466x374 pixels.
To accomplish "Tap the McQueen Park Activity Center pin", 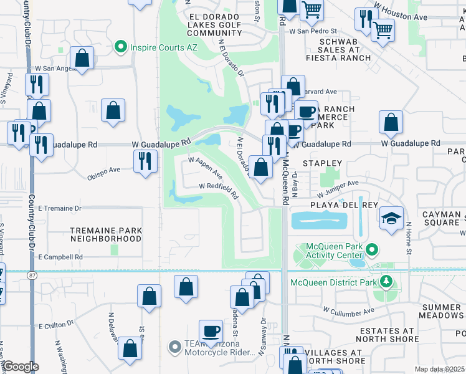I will click(x=372, y=250).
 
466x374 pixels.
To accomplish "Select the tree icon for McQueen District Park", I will click(x=386, y=282).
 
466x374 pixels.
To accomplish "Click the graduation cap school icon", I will click(x=391, y=218).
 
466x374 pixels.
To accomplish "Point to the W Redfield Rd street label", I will click(x=218, y=189).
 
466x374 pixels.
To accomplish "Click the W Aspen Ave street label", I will click(x=206, y=167).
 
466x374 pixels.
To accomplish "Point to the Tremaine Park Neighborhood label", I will click(x=106, y=234).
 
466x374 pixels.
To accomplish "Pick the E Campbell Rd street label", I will click(x=60, y=257).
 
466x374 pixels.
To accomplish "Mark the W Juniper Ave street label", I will click(x=336, y=184).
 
